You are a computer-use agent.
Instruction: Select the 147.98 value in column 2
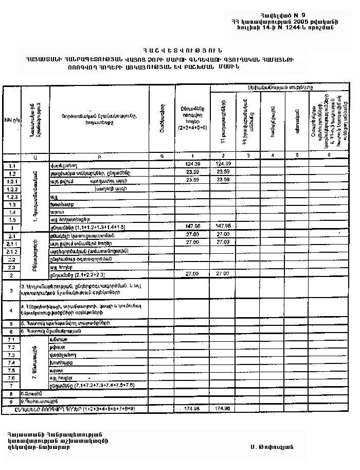(x=223, y=226)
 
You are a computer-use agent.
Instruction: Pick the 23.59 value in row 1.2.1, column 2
(x=223, y=180)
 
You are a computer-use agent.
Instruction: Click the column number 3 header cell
(x=248, y=155)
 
